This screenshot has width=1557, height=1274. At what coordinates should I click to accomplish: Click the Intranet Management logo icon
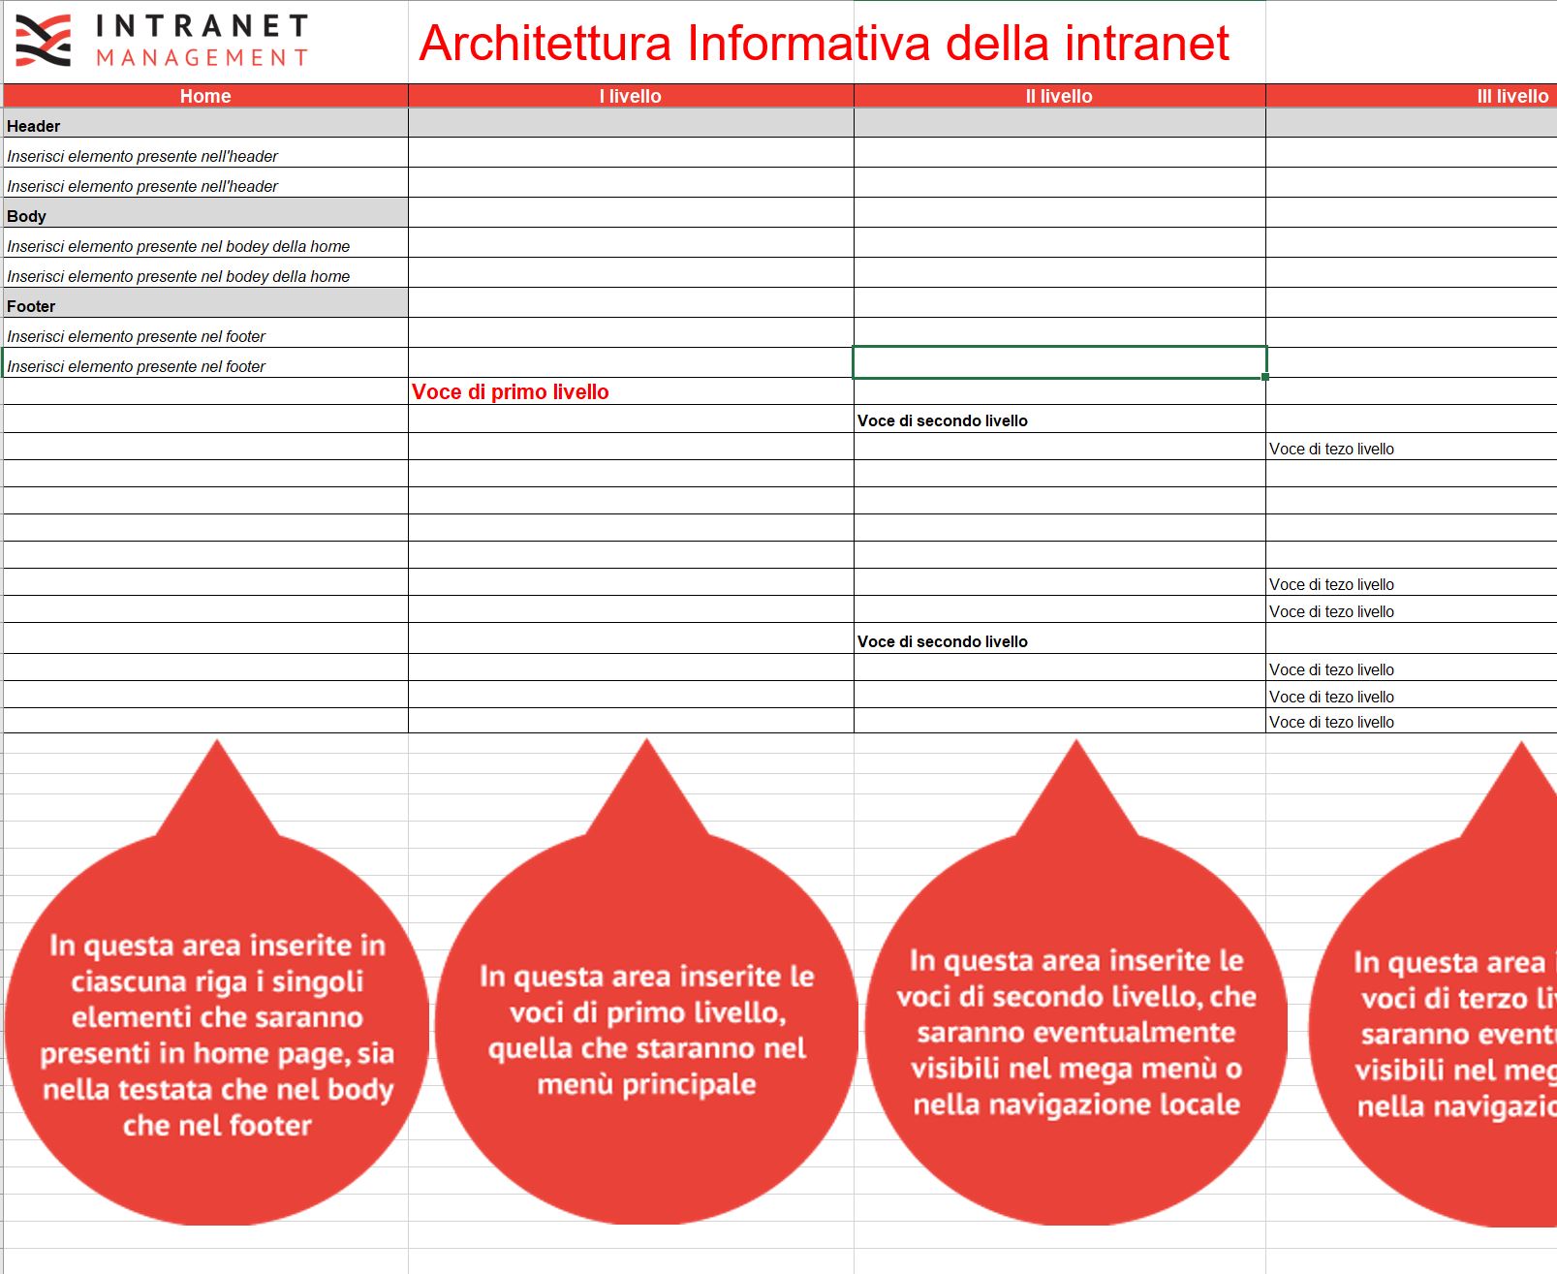(43, 41)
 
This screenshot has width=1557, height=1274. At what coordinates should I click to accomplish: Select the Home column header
(205, 96)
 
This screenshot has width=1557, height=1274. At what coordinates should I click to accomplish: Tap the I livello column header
(630, 96)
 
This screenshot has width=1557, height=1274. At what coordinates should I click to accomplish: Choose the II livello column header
(1059, 96)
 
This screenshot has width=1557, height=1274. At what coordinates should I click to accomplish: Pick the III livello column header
(1511, 96)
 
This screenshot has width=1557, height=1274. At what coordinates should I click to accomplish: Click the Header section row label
(34, 126)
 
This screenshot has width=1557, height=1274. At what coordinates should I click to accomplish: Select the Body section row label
(26, 216)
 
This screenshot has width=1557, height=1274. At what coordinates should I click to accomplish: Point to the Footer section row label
(31, 306)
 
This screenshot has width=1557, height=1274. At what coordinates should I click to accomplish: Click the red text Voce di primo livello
(511, 392)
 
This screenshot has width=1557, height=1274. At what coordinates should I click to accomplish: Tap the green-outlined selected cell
(1059, 362)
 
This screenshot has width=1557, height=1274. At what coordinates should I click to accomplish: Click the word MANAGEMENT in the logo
(202, 58)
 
